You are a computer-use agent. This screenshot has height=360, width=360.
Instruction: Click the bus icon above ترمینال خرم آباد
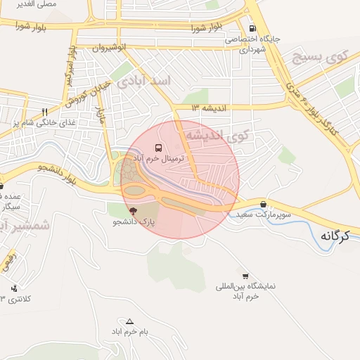[159, 148]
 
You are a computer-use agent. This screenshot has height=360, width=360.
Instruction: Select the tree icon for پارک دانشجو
[132, 210]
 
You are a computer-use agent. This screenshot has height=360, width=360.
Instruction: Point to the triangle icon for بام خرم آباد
[129, 320]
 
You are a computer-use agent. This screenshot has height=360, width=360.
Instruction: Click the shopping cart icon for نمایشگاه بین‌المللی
[245, 276]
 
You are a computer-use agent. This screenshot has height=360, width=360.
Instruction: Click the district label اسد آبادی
[143, 82]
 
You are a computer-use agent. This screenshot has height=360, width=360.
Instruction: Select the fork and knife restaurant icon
[45, 112]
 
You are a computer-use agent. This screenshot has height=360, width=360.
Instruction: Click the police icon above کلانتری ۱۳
[15, 288]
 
